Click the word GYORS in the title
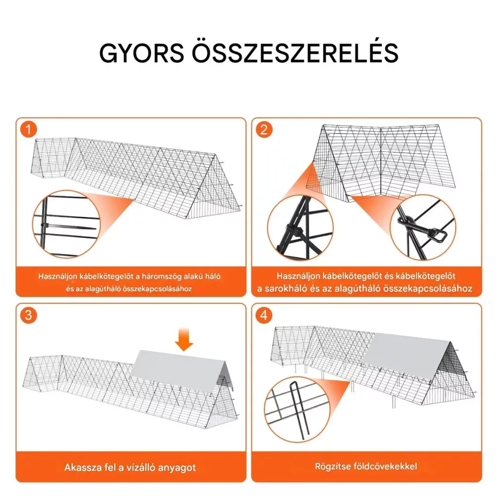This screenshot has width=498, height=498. coord(142,53)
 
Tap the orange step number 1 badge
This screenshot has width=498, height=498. coord(29,129)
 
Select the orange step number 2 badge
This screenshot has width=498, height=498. coord(264,129)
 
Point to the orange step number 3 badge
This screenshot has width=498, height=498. coord(29,315)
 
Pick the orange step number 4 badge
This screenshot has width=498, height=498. coord(264,315)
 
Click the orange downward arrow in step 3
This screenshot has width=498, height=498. coord(184,339)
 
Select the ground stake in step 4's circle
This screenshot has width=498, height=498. coord(298,409)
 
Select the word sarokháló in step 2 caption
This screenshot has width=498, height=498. coord(291,289)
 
